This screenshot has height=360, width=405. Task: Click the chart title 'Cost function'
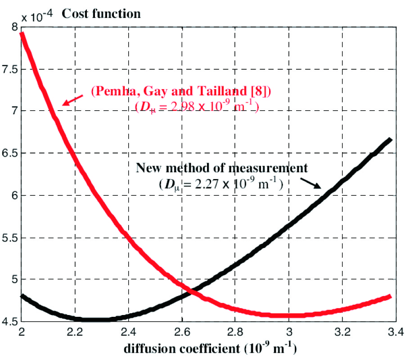(101, 13)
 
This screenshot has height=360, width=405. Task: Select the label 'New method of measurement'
(222, 168)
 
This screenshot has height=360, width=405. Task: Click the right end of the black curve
(390, 140)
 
